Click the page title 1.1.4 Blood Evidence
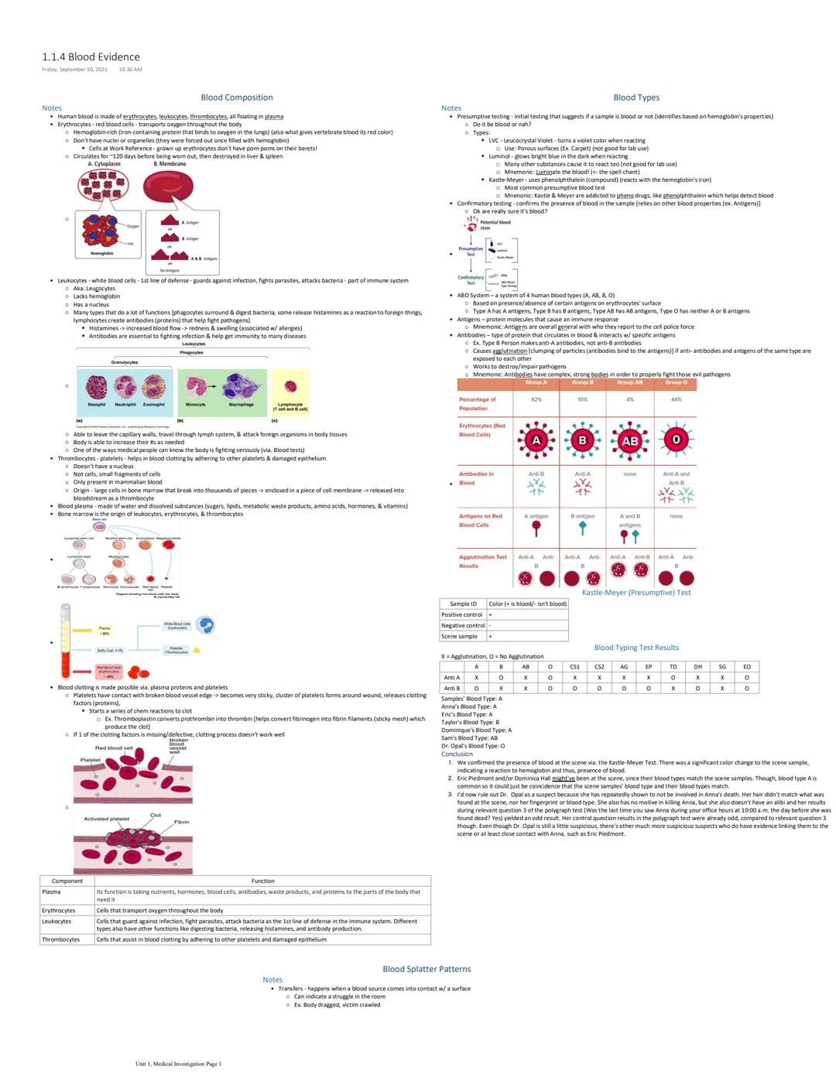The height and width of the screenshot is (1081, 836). [91, 56]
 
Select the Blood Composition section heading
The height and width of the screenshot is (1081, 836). [236, 97]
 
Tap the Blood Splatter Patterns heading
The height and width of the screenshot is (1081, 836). [427, 969]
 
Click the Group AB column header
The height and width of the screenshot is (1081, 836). [629, 382]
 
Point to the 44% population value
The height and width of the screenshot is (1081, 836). [676, 399]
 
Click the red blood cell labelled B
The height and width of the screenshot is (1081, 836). [582, 440]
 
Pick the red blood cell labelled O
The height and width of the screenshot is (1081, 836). [676, 440]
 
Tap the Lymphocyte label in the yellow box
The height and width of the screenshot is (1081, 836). [290, 405]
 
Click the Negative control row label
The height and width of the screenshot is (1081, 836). [463, 625]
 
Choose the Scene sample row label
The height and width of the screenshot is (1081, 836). [460, 636]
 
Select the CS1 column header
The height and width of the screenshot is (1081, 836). [574, 666]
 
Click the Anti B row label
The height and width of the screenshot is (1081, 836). [451, 688]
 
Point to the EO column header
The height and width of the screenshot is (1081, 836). [746, 666]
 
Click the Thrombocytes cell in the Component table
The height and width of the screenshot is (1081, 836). [61, 939]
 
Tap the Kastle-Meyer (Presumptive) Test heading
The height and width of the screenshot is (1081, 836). [636, 593]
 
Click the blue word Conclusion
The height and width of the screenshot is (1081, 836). [457, 754]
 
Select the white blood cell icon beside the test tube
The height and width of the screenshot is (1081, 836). [205, 625]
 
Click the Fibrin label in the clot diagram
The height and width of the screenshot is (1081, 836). [181, 822]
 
